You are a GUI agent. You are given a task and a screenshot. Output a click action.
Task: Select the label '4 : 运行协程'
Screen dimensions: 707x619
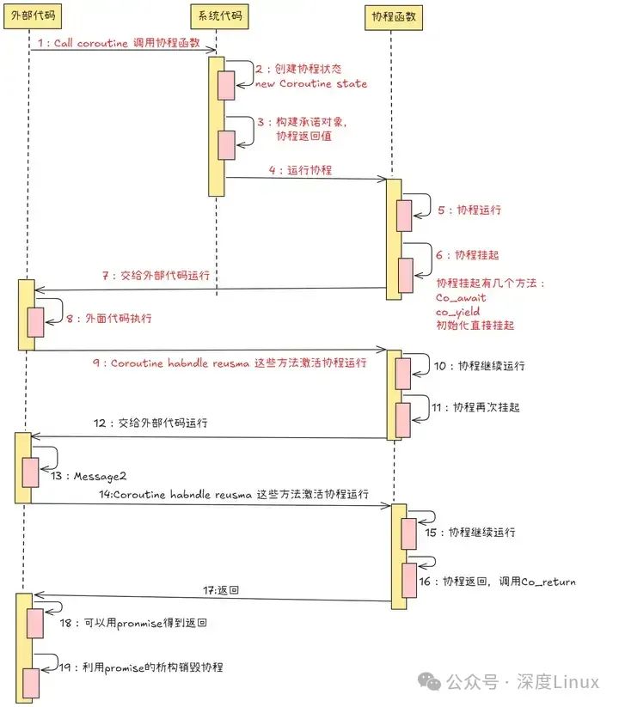300,170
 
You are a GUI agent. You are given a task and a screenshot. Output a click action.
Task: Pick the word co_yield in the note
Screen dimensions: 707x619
458,312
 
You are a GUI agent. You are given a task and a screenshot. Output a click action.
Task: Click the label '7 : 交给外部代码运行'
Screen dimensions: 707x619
156,277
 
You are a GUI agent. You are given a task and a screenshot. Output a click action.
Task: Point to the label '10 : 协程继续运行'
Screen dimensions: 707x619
479,366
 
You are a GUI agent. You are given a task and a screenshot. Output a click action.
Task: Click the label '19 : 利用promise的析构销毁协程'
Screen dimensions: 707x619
143,667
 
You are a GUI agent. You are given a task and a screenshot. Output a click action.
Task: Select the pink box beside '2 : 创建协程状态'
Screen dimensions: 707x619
226,85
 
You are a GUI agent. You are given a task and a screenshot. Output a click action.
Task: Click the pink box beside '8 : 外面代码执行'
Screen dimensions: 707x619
35,322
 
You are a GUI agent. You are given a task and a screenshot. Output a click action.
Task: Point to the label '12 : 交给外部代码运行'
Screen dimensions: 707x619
151,423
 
